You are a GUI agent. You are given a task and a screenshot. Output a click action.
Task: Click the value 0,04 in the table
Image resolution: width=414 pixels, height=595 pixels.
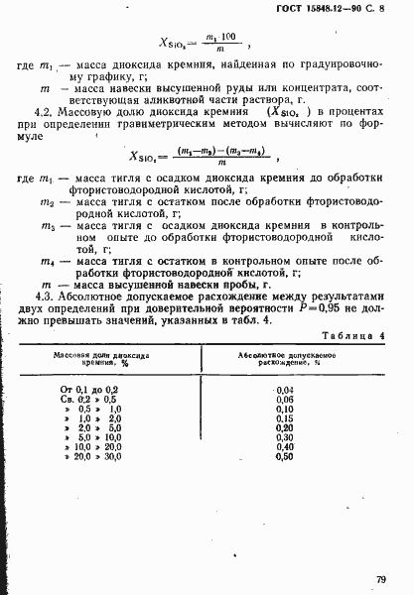coord(286,391)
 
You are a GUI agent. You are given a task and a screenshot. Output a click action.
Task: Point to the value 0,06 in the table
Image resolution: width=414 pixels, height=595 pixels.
coord(286,400)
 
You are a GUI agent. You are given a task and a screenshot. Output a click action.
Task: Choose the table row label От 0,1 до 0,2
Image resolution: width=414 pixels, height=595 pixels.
coord(90,391)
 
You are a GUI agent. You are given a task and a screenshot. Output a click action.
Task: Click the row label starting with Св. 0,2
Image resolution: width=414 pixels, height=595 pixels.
coord(90,400)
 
